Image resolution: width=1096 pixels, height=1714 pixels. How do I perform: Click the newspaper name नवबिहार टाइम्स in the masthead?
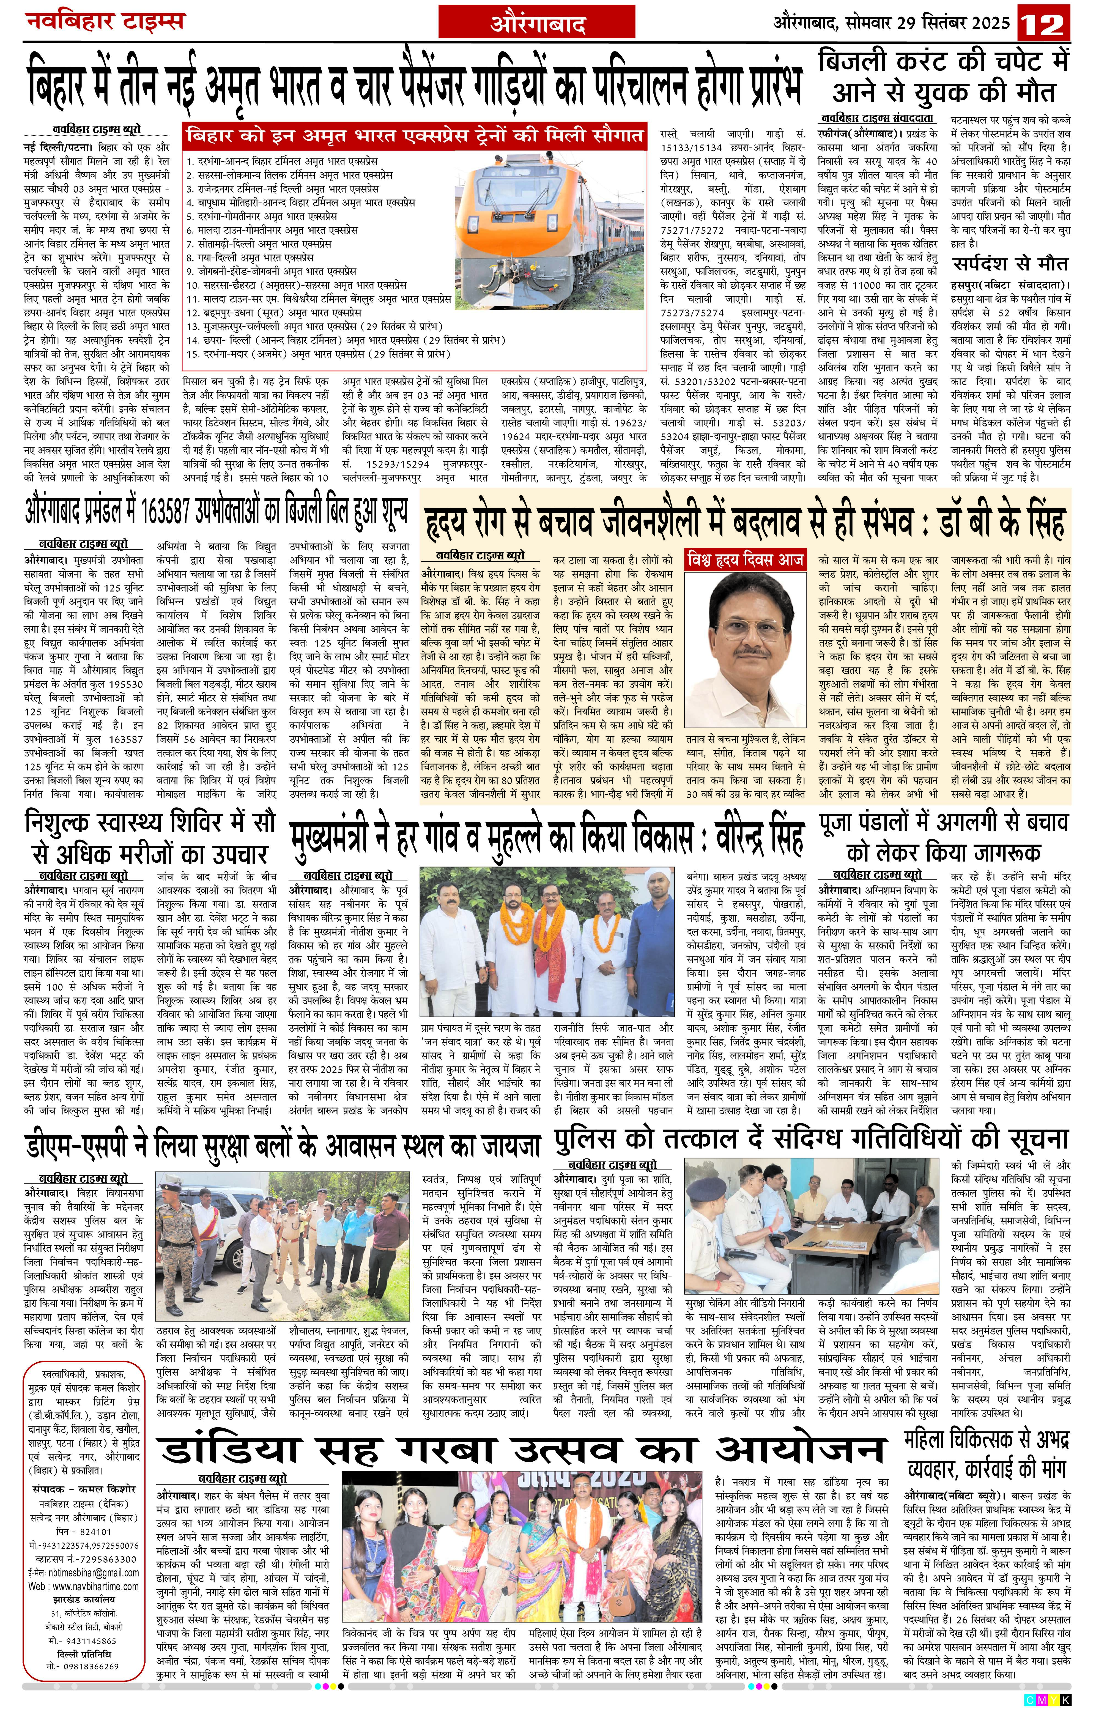(105, 21)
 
